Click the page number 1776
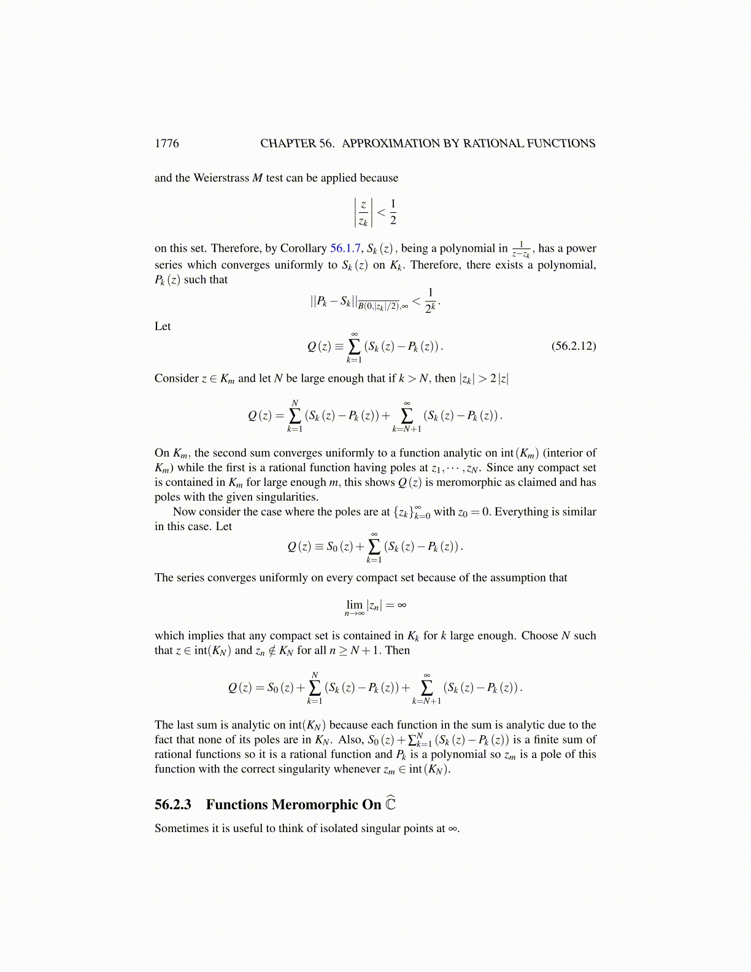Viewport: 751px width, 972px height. pos(166,144)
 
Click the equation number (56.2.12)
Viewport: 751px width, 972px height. pos(573,345)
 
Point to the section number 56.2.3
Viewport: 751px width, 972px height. pos(173,804)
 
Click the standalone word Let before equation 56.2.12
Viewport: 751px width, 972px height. pos(163,326)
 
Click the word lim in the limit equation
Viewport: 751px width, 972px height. pos(355,604)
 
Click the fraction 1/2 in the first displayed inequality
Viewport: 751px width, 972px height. pos(393,212)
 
